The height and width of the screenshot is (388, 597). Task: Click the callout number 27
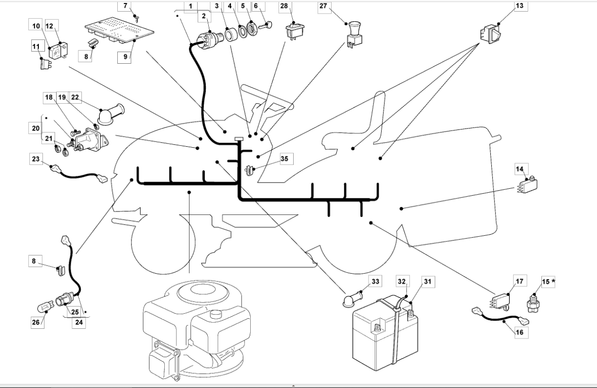[x=323, y=6]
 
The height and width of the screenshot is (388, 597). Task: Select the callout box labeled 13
[x=519, y=6]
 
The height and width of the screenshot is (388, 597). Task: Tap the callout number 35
[x=285, y=159]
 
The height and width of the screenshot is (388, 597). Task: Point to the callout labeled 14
[x=519, y=169]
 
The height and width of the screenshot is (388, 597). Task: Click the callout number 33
[x=376, y=281]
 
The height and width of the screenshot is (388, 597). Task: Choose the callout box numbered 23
[x=36, y=159]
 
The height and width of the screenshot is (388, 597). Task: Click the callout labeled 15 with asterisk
[x=548, y=282]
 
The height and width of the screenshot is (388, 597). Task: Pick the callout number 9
[x=125, y=57]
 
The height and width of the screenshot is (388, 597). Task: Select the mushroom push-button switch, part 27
[x=354, y=35]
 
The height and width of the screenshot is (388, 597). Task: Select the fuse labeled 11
[x=45, y=64]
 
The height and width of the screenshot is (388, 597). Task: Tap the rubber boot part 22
[x=111, y=113]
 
